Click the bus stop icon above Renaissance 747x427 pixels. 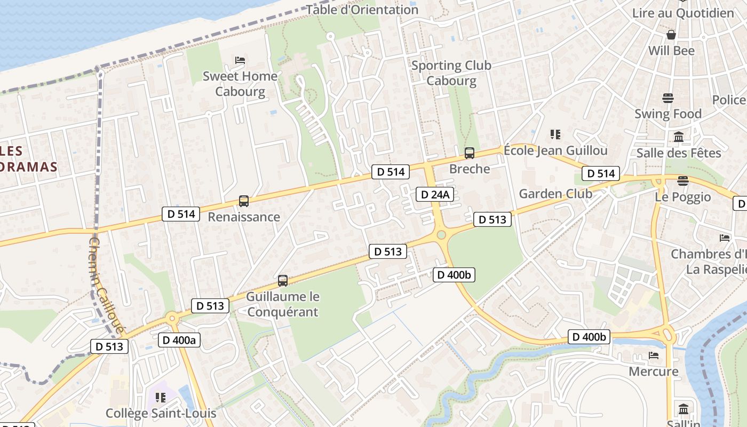(x=244, y=201)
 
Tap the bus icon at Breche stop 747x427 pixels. (x=470, y=153)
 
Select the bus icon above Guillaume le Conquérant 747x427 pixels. (x=283, y=280)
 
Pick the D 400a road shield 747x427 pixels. (x=179, y=340)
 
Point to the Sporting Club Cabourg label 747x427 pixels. (x=451, y=73)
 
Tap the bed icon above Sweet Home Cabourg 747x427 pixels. (x=240, y=60)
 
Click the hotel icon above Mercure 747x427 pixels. (x=654, y=355)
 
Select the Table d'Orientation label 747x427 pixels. (x=362, y=10)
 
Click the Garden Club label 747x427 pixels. (x=555, y=194)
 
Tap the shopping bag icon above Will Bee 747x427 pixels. (x=671, y=35)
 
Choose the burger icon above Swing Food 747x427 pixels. (x=668, y=98)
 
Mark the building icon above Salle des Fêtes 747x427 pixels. (x=679, y=137)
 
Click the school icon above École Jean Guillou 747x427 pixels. (x=555, y=134)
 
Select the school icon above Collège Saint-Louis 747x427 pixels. (x=161, y=397)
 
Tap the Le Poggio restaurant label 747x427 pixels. (x=683, y=197)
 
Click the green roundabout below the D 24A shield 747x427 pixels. (x=441, y=235)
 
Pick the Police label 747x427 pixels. (x=729, y=100)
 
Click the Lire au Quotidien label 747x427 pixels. (x=683, y=13)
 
